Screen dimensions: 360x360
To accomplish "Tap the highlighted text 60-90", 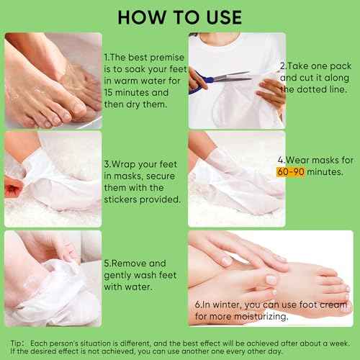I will pos(302,173).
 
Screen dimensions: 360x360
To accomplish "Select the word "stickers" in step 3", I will pos(126,199).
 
